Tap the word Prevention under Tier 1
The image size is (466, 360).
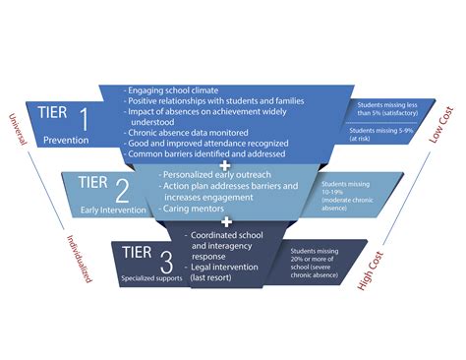[65, 141]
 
